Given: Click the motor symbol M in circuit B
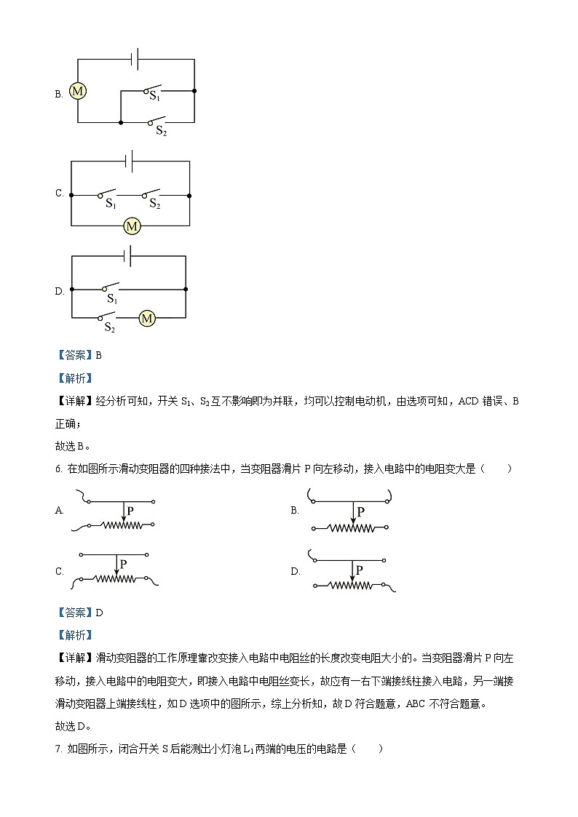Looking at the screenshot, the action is [78, 91].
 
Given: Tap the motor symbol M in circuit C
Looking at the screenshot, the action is [132, 226].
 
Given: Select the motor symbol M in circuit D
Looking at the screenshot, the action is [147, 318].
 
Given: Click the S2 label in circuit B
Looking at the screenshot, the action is [161, 132].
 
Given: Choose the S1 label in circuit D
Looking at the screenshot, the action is [113, 298].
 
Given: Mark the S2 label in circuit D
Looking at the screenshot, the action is [110, 327].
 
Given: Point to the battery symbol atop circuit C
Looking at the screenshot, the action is [129, 161].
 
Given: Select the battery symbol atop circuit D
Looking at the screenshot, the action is [128, 255].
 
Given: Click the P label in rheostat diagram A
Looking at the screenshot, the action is [130, 511].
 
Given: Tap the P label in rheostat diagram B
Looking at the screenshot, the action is [360, 511].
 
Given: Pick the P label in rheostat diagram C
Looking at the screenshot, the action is [124, 563].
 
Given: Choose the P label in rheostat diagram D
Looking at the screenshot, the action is [360, 563].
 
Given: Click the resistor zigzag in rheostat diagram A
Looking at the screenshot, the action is [119, 525].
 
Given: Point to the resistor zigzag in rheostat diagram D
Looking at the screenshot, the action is [349, 585].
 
